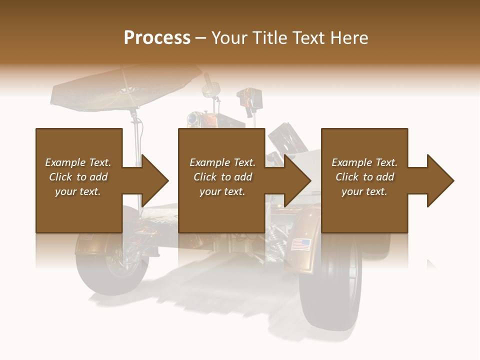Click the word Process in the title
click(157, 38)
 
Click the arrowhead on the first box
click(154, 180)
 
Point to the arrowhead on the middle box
click(297, 180)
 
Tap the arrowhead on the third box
click(440, 180)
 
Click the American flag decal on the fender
click(300, 244)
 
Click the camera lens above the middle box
click(191, 119)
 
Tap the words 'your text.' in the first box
click(78, 191)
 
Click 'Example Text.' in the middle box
click(222, 162)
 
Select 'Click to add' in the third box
click(364, 177)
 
